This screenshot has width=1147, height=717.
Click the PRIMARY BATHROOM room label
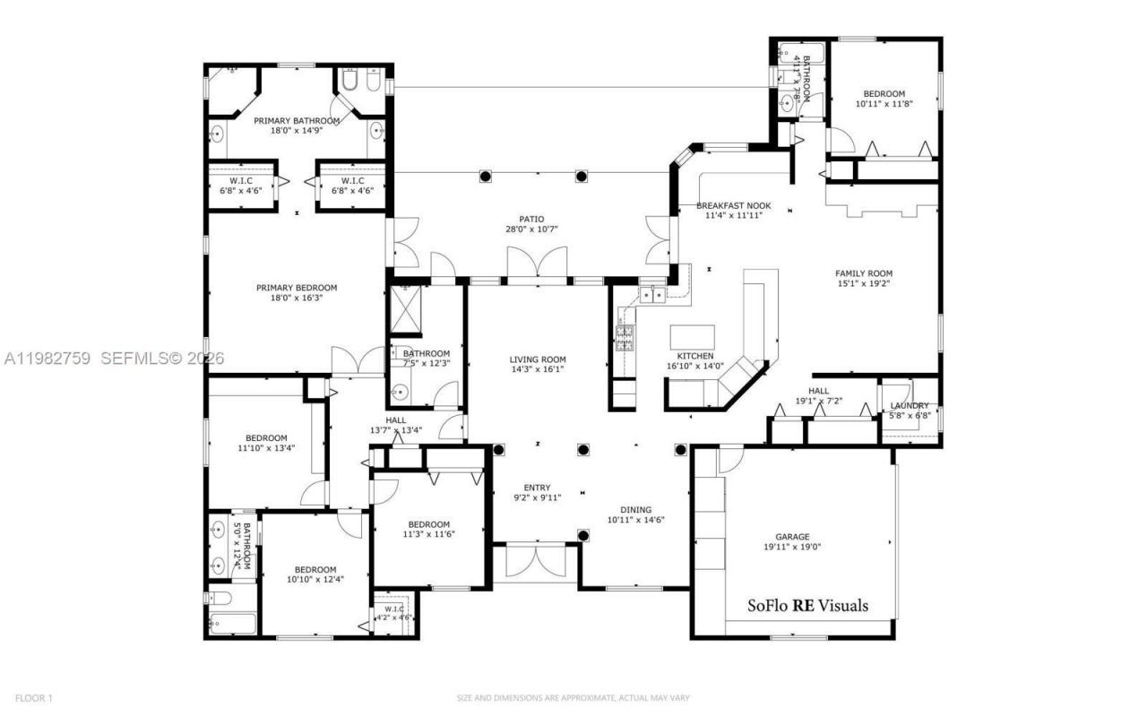[x=297, y=121]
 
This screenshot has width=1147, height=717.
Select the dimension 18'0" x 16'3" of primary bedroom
[x=297, y=298]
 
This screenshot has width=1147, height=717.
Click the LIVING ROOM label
[x=538, y=358]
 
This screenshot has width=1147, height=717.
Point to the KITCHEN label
[x=695, y=356]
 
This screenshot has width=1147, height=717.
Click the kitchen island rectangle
[x=693, y=337]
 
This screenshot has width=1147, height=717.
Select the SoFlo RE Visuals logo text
[x=807, y=606]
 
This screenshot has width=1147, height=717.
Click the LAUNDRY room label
[x=910, y=406]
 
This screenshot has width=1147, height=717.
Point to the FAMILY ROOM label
[x=864, y=273]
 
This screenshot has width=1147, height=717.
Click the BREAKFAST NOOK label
[x=733, y=205]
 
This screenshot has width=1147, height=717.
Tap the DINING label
[x=636, y=509]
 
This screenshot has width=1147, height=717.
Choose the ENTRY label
[x=537, y=488]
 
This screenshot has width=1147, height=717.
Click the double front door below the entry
[x=536, y=561]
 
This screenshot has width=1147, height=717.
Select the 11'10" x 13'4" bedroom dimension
[x=266, y=448]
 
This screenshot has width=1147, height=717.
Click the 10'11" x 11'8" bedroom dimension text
[x=884, y=104]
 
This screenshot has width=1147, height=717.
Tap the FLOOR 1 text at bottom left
[x=34, y=697]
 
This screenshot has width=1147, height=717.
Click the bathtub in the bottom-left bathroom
[x=231, y=624]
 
